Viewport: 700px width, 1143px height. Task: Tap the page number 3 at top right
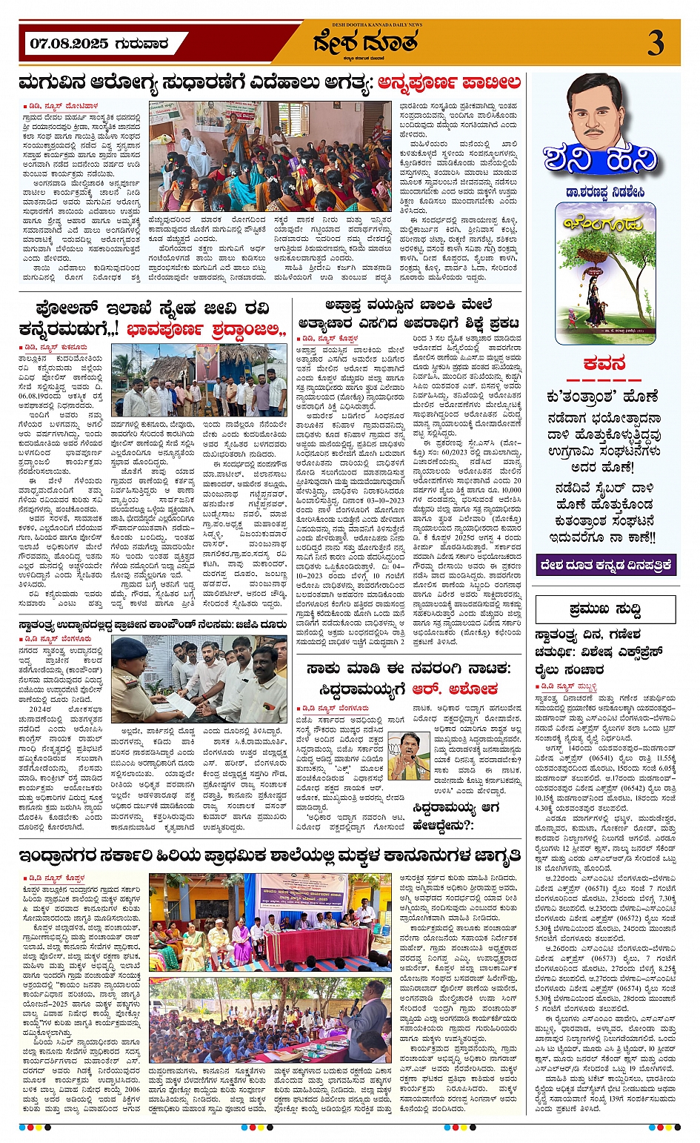[656, 44]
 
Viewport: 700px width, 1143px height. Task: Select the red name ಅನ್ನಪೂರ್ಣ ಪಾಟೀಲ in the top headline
[449, 82]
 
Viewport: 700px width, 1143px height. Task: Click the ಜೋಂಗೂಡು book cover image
[605, 274]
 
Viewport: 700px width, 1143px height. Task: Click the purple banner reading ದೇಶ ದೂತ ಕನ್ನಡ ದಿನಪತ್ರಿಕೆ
[606, 565]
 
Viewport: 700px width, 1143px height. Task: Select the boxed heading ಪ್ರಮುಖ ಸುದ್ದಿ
[605, 610]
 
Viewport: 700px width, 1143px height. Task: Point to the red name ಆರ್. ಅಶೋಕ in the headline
[465, 689]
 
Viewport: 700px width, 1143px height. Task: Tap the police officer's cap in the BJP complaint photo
[128, 650]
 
